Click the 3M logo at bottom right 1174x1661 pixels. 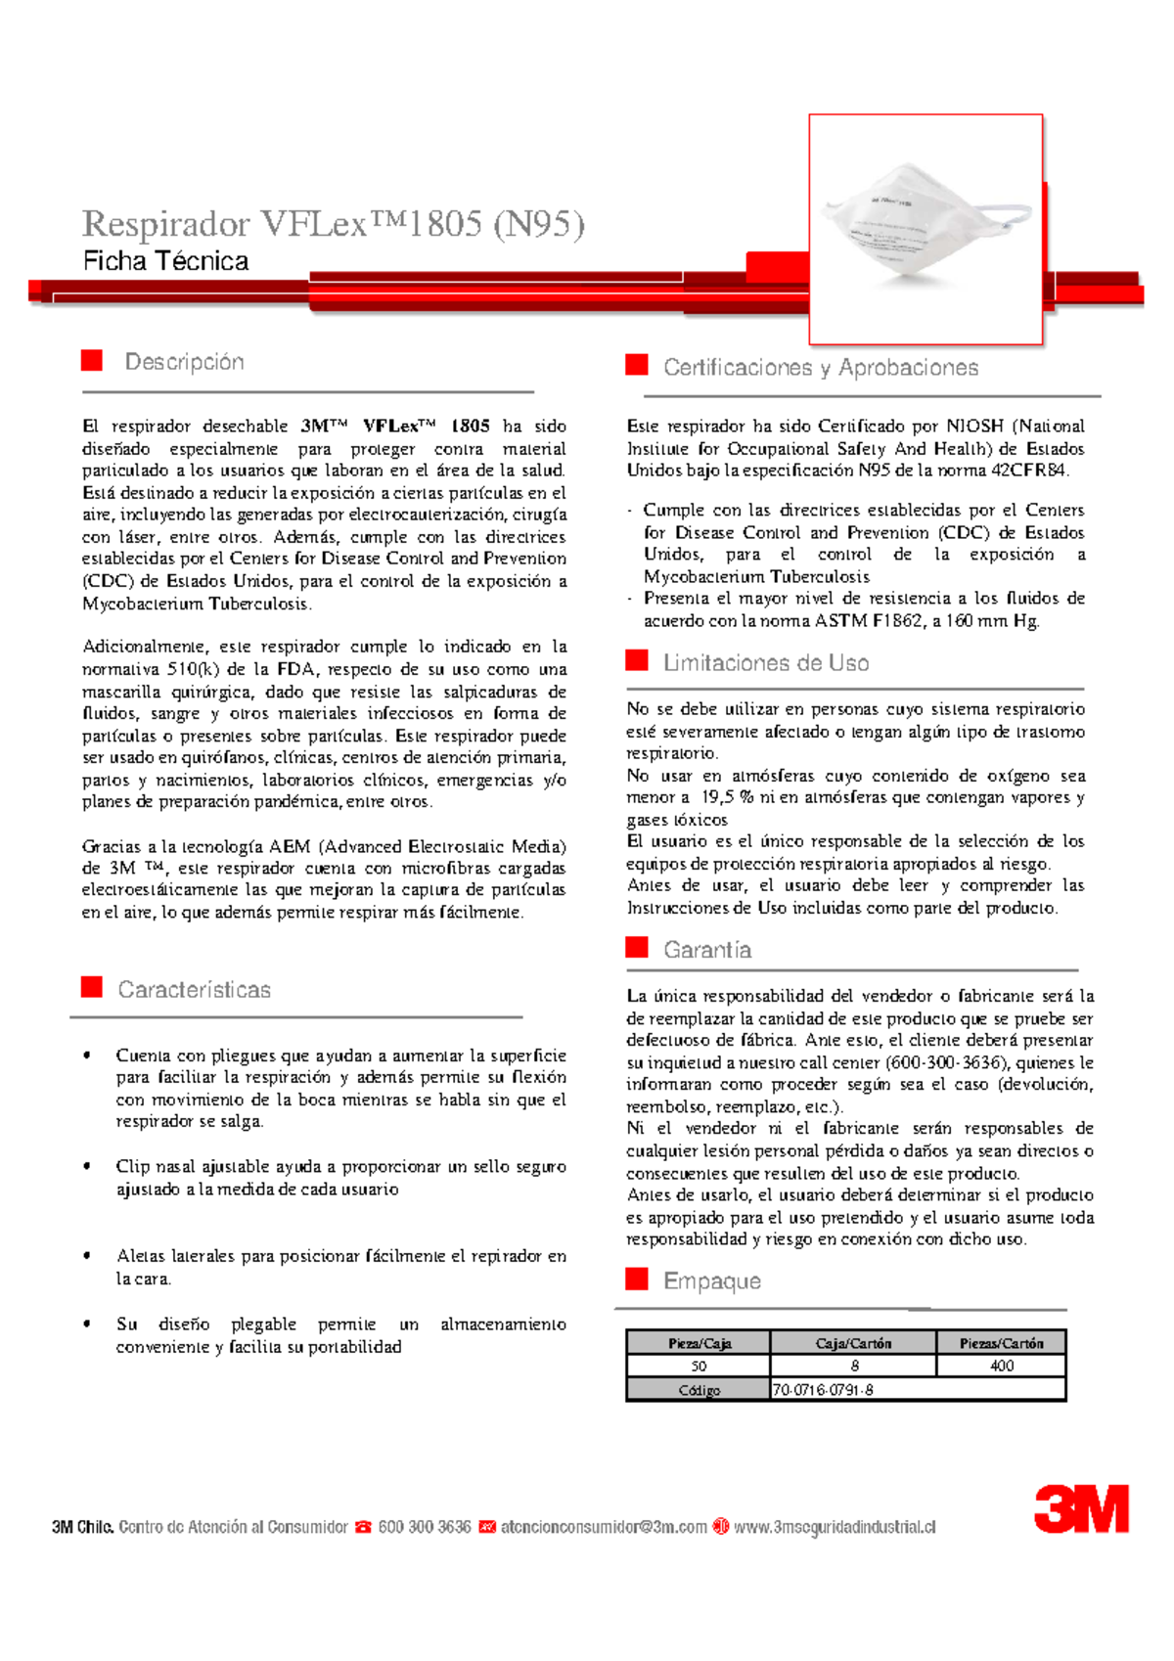(x=1081, y=1508)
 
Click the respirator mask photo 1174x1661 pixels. (x=925, y=230)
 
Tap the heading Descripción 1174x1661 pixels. (x=184, y=362)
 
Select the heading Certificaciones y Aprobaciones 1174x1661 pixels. (x=820, y=368)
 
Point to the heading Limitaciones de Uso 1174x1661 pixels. (x=765, y=663)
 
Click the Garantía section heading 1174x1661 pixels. (x=706, y=950)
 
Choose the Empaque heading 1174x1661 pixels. (x=711, y=1280)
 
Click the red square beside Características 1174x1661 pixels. (x=92, y=987)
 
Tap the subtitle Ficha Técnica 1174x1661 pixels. (x=165, y=261)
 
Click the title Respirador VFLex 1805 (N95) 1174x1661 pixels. (x=333, y=224)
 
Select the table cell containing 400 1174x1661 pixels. (x=1001, y=1366)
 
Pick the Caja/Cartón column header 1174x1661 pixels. (x=853, y=1343)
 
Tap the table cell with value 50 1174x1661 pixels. (x=699, y=1366)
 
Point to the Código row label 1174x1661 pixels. (x=699, y=1390)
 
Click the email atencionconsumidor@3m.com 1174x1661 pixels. (x=603, y=1527)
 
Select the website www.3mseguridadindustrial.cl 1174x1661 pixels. (x=834, y=1527)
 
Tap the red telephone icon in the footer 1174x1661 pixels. (x=363, y=1527)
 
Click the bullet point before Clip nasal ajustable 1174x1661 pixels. (x=88, y=1166)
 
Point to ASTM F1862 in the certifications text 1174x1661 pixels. (x=869, y=621)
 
